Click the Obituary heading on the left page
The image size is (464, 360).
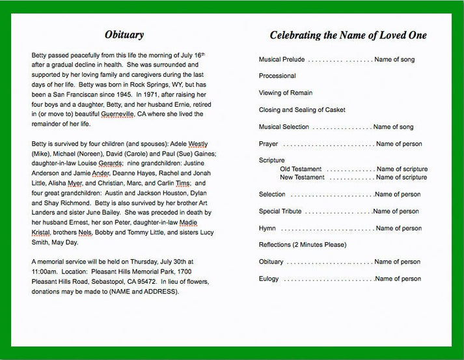click(124, 35)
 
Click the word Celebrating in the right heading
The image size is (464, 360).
click(302, 35)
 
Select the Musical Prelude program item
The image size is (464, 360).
click(281, 59)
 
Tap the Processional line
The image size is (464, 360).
click(277, 76)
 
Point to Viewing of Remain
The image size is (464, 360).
click(286, 93)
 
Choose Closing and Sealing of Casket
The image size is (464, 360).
click(302, 110)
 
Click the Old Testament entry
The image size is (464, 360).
click(301, 169)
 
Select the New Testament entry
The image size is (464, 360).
click(302, 177)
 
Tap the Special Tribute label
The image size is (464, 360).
click(280, 212)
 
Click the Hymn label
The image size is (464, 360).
click(267, 228)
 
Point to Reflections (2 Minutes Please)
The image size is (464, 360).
click(303, 245)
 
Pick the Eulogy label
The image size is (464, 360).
click(269, 279)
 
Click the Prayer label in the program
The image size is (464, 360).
click(268, 144)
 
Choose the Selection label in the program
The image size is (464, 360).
click(272, 194)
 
